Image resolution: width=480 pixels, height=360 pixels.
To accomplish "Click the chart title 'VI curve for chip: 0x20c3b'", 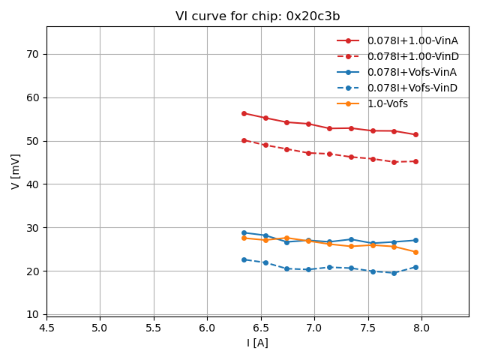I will (x=257, y=16).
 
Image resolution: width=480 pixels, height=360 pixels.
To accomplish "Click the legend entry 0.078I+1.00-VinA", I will (x=412, y=40).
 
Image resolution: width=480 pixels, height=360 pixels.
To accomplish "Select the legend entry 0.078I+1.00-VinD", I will (x=412, y=56).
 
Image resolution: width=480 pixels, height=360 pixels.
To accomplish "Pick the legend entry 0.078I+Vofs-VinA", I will (x=412, y=72).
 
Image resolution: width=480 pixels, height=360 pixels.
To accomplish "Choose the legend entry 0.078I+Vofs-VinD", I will (x=412, y=88).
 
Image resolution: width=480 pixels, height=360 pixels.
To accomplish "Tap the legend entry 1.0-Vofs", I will (x=387, y=103).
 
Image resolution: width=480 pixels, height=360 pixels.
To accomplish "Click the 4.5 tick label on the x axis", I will (x=46, y=328).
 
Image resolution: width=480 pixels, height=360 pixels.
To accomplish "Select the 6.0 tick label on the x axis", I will (x=207, y=328).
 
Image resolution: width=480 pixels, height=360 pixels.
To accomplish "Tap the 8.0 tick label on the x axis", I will (x=421, y=328).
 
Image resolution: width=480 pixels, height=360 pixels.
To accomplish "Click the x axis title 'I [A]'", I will (x=257, y=343).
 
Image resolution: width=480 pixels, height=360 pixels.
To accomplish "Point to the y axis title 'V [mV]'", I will (x=16, y=171).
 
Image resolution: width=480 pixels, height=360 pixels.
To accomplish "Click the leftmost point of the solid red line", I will (x=244, y=113).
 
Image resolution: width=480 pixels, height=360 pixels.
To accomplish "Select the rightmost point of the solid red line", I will (x=415, y=135).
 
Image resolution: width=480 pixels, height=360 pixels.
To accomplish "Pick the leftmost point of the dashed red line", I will (x=244, y=140).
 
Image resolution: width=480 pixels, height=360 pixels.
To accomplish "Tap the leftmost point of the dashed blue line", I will (x=244, y=259).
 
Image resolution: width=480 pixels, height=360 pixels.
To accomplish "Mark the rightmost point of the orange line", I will (x=415, y=252).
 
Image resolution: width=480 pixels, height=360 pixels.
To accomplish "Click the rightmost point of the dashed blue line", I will (x=415, y=267).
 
